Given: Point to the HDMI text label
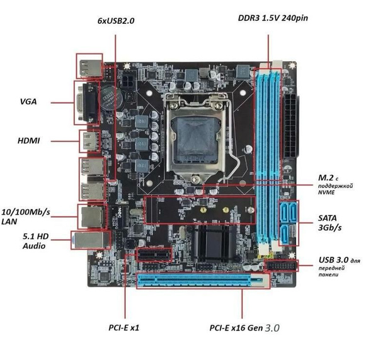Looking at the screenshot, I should click(29, 140).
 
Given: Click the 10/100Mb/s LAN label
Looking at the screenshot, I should click(26, 215).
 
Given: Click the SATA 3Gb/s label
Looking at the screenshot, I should click(328, 223).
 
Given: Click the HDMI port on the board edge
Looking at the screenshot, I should click(87, 142).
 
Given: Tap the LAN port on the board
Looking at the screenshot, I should click(88, 217).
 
